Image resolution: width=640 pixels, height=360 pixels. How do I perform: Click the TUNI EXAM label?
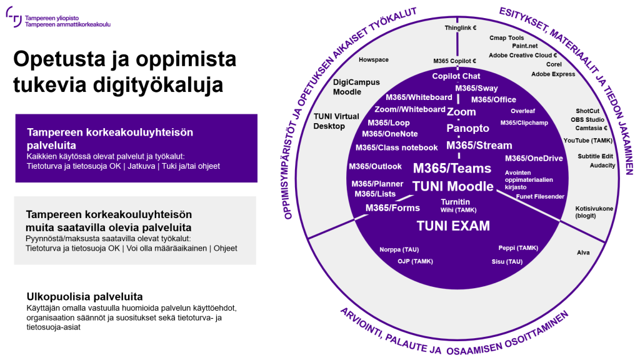(453, 226)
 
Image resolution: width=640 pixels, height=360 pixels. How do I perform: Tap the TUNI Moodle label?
(453, 186)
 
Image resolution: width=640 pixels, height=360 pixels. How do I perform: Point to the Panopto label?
(468, 128)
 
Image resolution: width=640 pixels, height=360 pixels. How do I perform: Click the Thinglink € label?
(461, 28)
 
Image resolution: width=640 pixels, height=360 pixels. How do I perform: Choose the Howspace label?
(374, 60)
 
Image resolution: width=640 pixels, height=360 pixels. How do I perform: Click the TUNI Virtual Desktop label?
(337, 121)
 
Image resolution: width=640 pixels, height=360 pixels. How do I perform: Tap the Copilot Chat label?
(456, 76)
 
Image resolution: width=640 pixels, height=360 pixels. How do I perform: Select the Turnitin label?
(456, 202)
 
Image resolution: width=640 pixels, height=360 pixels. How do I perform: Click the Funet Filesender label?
(540, 197)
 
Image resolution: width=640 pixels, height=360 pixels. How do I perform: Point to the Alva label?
(583, 253)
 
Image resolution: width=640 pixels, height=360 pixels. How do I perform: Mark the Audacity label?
(602, 166)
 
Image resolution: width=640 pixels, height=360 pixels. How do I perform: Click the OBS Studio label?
(588, 119)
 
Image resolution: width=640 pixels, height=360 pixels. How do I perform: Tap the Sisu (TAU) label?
(507, 261)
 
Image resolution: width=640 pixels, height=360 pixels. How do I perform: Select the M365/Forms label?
(392, 208)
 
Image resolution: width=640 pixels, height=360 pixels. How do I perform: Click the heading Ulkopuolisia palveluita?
(85, 296)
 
